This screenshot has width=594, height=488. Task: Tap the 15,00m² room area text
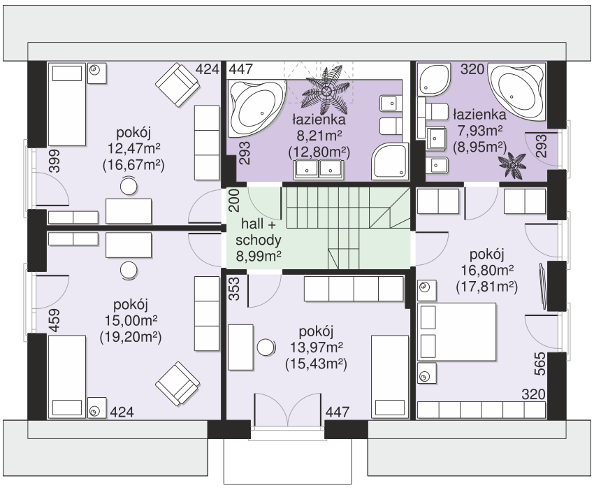[131, 320]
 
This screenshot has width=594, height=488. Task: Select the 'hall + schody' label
[259, 232]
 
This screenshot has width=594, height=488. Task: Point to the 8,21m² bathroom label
[318, 136]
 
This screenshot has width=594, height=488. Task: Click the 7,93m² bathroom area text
[480, 131]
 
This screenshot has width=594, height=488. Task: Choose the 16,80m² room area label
[487, 271]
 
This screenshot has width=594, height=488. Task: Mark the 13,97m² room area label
[317, 347]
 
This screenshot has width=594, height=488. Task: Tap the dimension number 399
[55, 161]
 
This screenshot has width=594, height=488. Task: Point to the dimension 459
[55, 320]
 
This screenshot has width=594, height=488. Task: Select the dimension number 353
[235, 289]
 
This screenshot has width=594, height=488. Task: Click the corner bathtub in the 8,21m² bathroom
[256, 108]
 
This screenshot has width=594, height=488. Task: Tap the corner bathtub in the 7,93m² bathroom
[517, 92]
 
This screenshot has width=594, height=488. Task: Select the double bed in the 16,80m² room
[456, 331]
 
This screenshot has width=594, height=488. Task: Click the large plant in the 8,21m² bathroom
[326, 90]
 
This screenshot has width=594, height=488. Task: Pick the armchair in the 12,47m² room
[178, 85]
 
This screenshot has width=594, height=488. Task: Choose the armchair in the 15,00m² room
[178, 383]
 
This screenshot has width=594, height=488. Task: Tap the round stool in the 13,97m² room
[266, 347]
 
